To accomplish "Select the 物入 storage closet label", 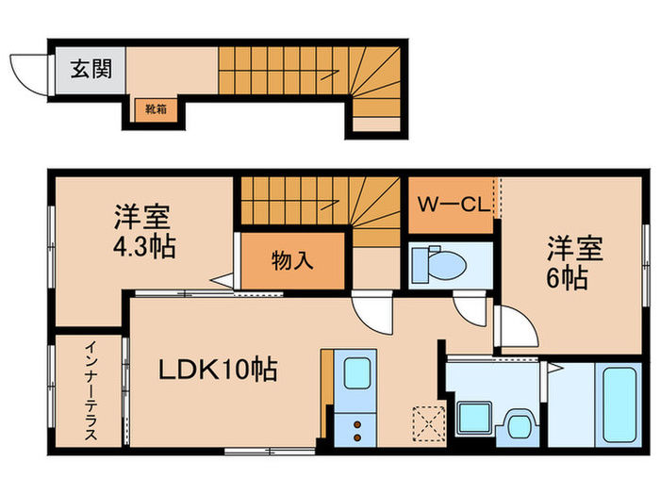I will tap(292, 259).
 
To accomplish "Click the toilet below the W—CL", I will tap(436, 262).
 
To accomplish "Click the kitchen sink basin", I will tap(356, 374).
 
